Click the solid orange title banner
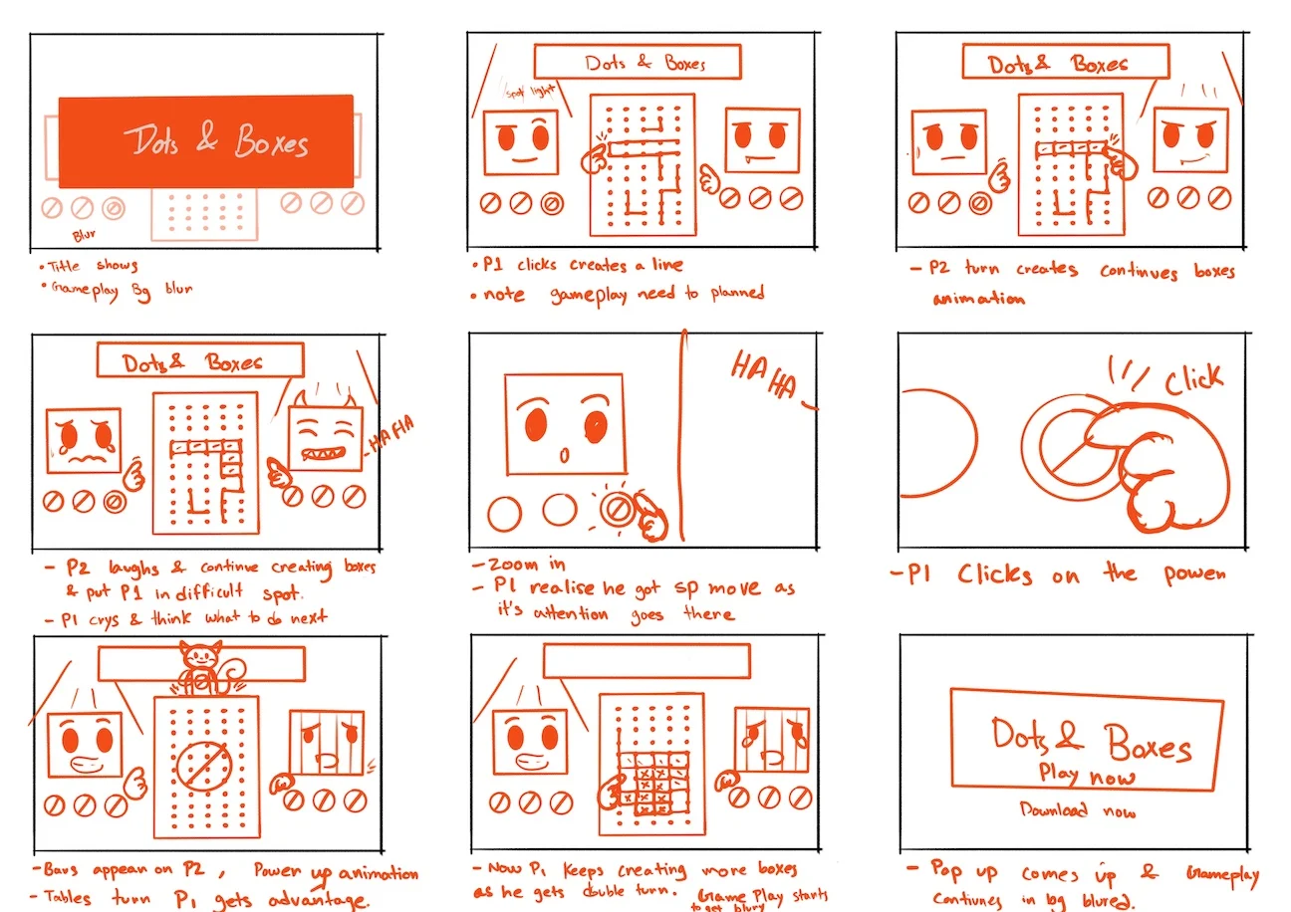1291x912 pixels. click(205, 141)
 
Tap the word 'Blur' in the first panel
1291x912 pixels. click(84, 237)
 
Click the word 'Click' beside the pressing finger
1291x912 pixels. click(1192, 379)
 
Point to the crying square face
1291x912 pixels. click(84, 440)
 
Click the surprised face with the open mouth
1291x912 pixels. click(565, 424)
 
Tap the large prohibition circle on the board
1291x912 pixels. click(206, 766)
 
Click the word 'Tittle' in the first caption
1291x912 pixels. click(66, 266)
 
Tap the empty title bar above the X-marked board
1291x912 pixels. click(646, 660)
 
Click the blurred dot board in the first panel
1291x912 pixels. click(204, 213)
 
